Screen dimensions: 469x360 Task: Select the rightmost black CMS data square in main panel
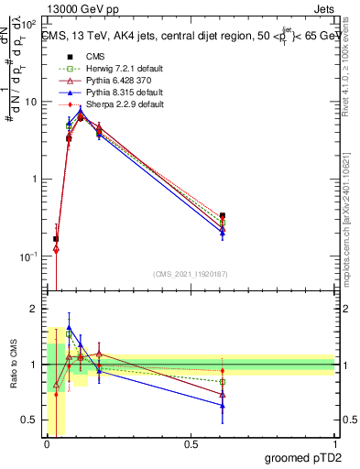(x=223, y=216)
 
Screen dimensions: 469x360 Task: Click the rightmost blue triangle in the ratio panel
(x=223, y=405)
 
